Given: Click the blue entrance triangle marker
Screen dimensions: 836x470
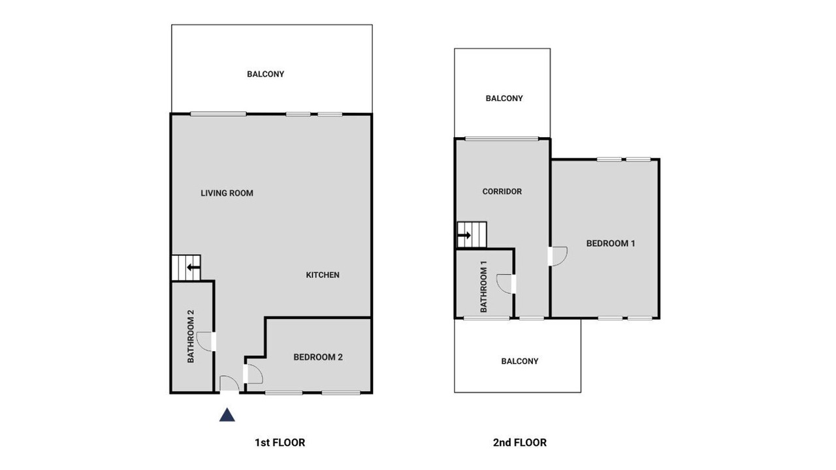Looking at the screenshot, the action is click(227, 415).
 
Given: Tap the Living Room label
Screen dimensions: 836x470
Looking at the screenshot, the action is click(227, 193).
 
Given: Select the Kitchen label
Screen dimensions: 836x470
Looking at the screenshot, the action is click(323, 275).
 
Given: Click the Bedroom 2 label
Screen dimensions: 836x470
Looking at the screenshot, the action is click(318, 357).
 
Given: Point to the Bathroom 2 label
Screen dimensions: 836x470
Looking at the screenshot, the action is click(191, 336).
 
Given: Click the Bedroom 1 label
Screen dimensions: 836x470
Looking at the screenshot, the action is click(611, 243).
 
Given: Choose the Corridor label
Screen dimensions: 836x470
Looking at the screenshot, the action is click(502, 191).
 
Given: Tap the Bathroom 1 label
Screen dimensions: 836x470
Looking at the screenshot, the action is click(484, 287).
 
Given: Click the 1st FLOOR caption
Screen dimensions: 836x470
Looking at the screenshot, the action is click(280, 443).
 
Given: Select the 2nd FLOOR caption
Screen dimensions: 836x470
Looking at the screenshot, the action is click(520, 443).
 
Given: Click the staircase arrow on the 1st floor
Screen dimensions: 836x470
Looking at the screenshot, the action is click(194, 267).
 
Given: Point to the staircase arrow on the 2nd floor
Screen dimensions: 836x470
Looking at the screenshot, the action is click(464, 235).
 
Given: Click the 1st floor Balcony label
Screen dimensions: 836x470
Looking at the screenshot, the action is click(265, 74).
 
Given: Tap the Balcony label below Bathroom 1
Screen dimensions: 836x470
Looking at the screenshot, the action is click(519, 361).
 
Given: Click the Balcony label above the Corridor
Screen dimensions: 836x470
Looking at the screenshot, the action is click(504, 99).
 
